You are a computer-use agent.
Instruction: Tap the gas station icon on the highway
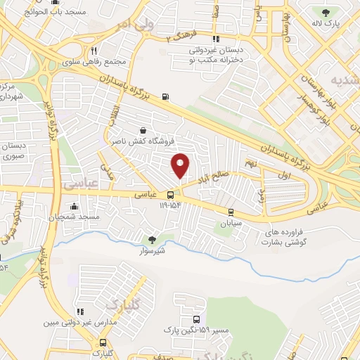pos(166,96)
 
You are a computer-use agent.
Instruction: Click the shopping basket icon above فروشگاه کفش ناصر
pos(143,130)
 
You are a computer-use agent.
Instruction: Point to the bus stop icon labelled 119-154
pos(170,195)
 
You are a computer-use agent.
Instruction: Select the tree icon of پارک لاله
pos(325,12)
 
